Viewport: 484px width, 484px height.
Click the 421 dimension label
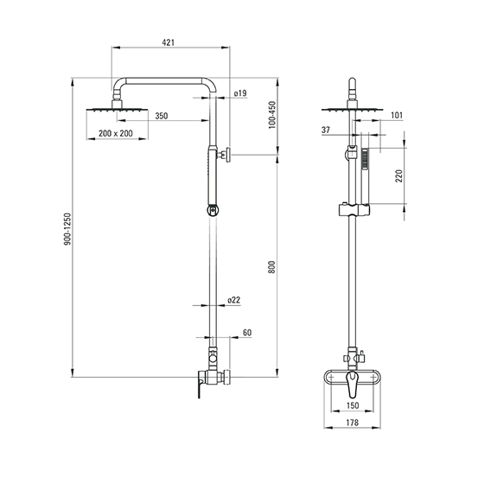pyautogui.click(x=169, y=42)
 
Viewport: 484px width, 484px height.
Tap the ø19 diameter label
pyautogui.click(x=240, y=93)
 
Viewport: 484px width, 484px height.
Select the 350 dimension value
pyautogui.click(x=162, y=116)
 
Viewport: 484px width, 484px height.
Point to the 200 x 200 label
pyautogui.click(x=116, y=133)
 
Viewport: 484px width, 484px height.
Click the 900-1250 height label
pyautogui.click(x=67, y=229)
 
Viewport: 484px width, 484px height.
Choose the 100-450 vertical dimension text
pyautogui.click(x=272, y=115)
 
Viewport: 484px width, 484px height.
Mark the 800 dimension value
pyautogui.click(x=271, y=267)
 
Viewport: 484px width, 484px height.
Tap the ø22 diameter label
pyautogui.click(x=233, y=300)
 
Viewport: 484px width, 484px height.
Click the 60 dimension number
pyautogui.click(x=247, y=333)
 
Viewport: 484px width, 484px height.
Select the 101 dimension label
pyautogui.click(x=397, y=115)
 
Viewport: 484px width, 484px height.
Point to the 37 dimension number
pyautogui.click(x=326, y=130)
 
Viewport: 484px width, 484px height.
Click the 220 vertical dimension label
pyautogui.click(x=399, y=176)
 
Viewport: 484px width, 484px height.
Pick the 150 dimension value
pyautogui.click(x=353, y=405)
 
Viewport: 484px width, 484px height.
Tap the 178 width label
pyautogui.click(x=353, y=422)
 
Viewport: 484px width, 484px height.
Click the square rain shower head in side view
pyautogui.click(x=117, y=110)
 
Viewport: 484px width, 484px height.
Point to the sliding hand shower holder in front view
pyautogui.click(x=354, y=209)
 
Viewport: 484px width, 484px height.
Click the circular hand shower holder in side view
pyautogui.click(x=213, y=211)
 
